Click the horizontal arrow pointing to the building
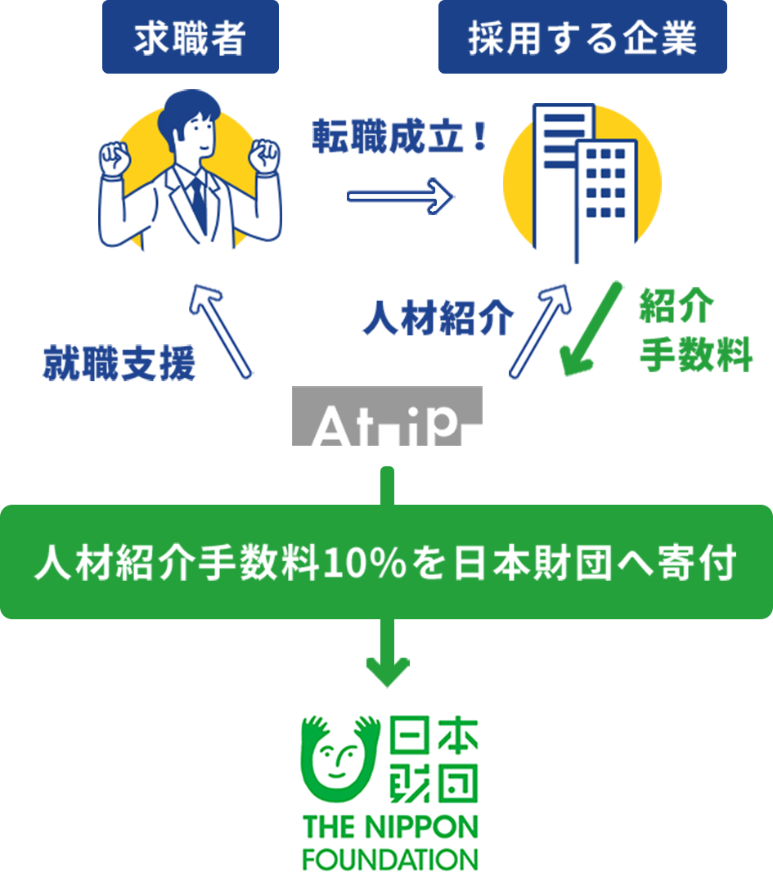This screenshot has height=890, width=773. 400,196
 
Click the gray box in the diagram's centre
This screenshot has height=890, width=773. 387,416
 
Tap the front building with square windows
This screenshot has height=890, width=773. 605,200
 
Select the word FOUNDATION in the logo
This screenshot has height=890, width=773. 389,860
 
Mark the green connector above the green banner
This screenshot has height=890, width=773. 388,484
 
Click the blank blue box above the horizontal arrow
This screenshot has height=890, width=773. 399,135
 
